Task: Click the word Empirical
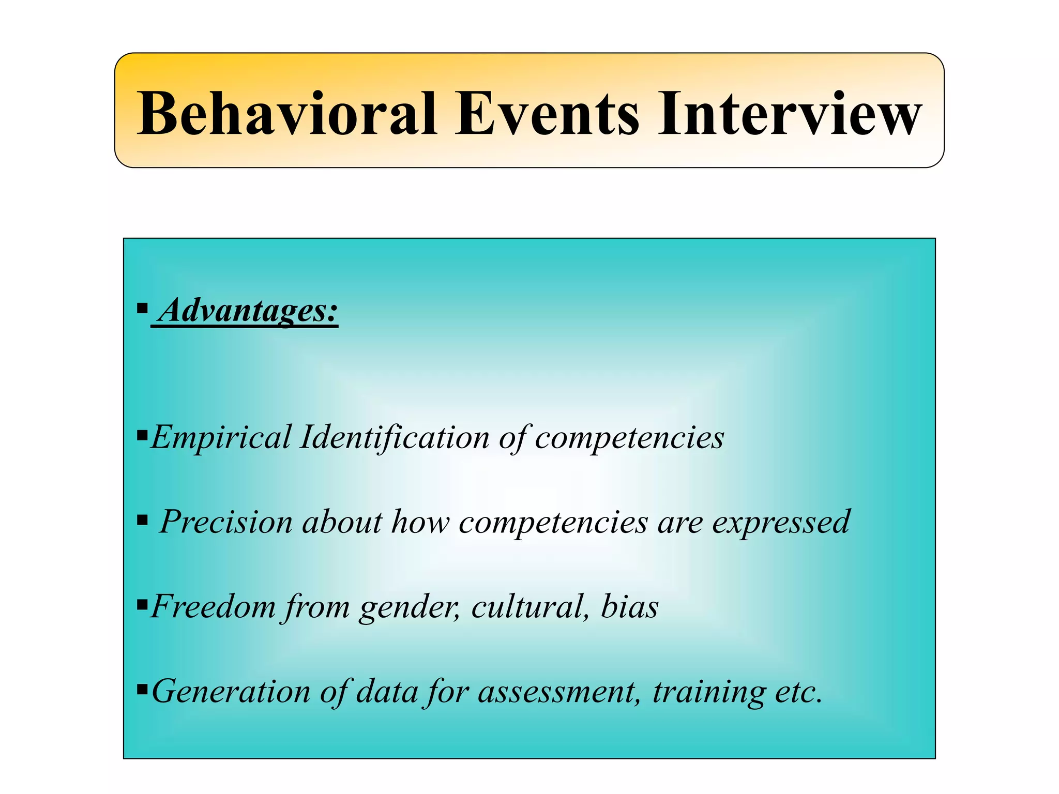point(221,438)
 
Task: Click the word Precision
point(226,522)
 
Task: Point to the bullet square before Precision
point(142,520)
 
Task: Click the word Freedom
point(213,606)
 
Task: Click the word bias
point(629,606)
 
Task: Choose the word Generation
point(231,692)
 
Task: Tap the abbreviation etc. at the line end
point(798,692)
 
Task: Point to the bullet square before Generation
point(142,689)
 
